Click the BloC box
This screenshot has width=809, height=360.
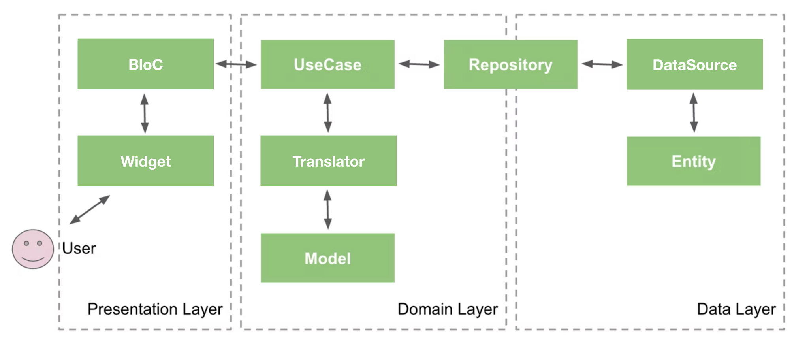coord(145,64)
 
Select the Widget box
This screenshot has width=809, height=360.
coord(145,161)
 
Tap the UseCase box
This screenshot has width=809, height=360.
coord(327,64)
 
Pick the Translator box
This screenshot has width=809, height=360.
coord(328,161)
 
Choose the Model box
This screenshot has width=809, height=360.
coord(327,258)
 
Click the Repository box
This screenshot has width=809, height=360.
coord(510,64)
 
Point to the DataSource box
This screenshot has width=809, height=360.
coord(694,64)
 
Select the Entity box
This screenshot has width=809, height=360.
coord(693,161)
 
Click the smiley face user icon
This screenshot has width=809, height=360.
coord(33,249)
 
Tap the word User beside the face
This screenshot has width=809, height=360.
coord(79,248)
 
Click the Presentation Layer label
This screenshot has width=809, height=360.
coord(155,309)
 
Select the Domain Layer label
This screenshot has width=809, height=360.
coord(447,309)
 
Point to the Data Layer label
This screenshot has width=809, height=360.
coord(736,309)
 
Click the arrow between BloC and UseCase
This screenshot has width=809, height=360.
coord(236,64)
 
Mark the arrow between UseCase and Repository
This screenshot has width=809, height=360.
coord(419,64)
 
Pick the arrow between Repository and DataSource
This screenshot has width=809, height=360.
coord(602,64)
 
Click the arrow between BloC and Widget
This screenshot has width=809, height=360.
coord(145,113)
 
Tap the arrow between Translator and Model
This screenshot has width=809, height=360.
coord(327,209)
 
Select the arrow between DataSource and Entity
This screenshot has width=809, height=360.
coord(694,113)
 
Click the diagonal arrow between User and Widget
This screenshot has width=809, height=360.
coord(90,210)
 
